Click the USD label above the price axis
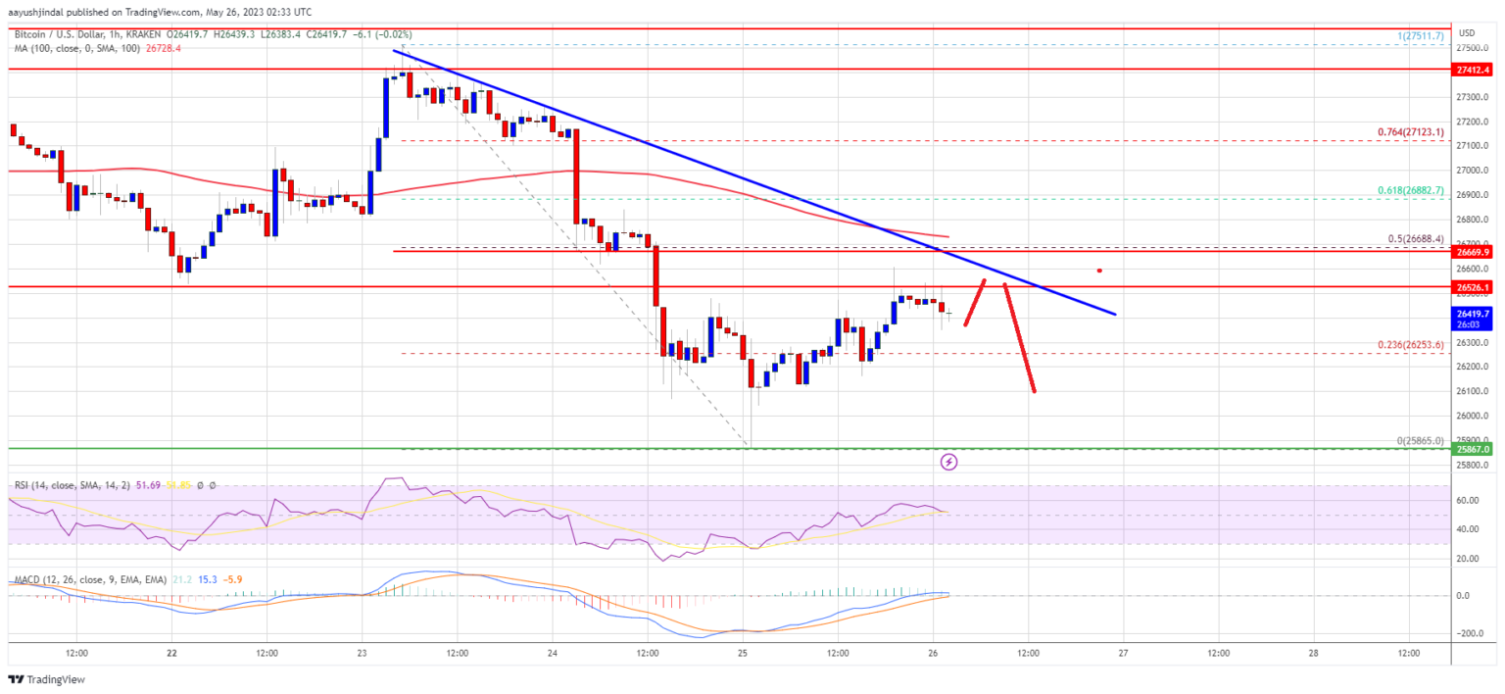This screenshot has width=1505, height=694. coord(1467,32)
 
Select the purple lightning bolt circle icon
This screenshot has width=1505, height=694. coord(948,461)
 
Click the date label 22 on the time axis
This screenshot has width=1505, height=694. coord(171,652)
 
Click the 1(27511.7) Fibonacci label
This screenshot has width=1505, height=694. coord(1422,35)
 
